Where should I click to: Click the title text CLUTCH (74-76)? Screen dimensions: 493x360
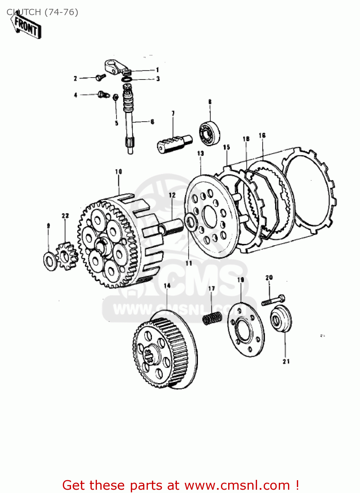42,12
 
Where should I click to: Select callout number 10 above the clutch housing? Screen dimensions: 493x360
118,172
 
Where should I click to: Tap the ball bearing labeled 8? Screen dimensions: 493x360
210,133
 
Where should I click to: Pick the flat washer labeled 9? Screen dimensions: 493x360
50,261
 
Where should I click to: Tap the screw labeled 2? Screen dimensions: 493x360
100,77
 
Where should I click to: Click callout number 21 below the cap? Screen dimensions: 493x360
286,361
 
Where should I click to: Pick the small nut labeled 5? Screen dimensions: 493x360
115,97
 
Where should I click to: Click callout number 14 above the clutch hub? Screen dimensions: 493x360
167,286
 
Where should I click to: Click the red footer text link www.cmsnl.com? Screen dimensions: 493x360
237,485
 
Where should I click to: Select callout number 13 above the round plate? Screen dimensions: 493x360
201,153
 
